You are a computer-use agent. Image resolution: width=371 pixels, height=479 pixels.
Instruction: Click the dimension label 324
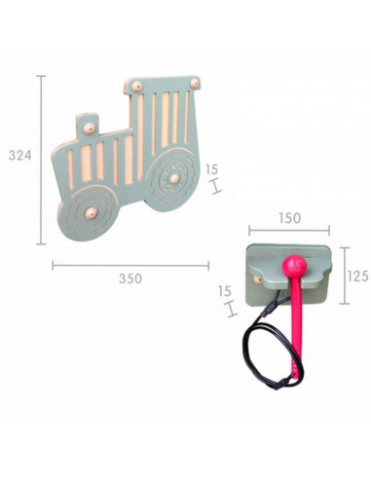click(x=19, y=155)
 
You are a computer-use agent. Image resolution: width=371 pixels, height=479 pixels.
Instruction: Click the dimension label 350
click(x=130, y=278)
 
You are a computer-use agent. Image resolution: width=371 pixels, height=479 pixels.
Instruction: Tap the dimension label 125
click(x=357, y=276)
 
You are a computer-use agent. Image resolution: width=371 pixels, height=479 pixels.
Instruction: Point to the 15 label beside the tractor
click(x=211, y=168)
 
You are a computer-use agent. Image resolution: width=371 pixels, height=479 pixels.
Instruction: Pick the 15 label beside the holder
click(x=225, y=290)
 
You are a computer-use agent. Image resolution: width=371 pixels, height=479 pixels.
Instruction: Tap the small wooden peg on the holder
click(x=256, y=279)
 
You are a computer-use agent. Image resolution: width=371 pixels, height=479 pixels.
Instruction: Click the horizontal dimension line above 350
click(x=130, y=264)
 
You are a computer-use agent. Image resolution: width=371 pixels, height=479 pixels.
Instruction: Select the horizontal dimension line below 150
click(x=288, y=231)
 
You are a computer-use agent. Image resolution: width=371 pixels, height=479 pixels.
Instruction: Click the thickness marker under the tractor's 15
click(x=211, y=184)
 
